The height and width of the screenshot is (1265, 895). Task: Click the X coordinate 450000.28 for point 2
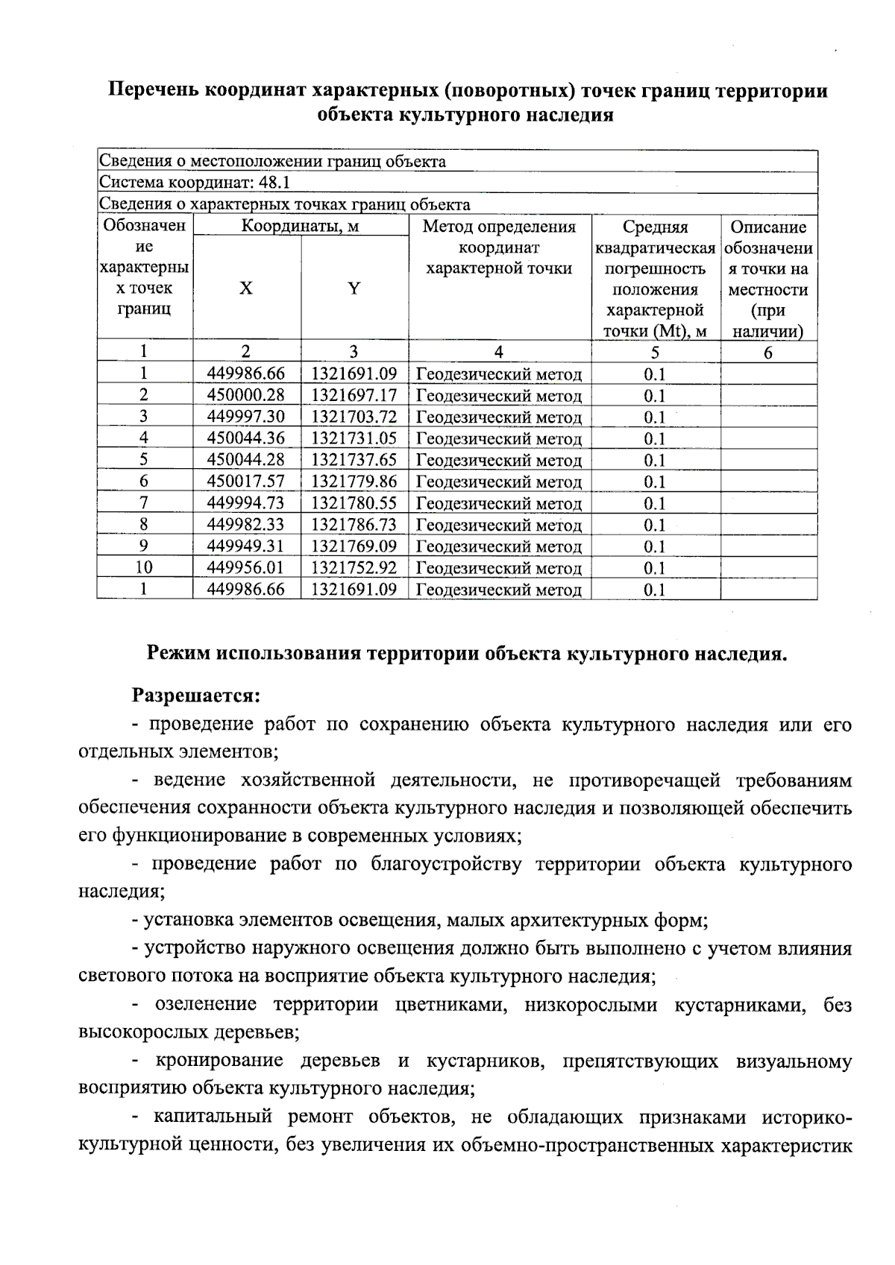click(x=246, y=395)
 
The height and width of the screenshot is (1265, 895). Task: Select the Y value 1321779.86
click(x=354, y=482)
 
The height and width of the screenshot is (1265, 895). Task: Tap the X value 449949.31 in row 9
click(x=246, y=546)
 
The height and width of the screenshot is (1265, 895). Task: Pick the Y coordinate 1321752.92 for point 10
click(x=354, y=568)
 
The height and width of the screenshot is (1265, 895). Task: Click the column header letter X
click(x=245, y=288)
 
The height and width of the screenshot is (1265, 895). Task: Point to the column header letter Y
click(x=354, y=288)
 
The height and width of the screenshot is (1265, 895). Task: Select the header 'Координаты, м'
click(x=300, y=227)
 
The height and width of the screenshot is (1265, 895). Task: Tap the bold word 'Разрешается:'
click(x=196, y=696)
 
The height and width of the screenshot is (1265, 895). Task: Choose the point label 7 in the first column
click(x=144, y=503)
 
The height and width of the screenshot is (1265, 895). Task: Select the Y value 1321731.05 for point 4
click(x=354, y=438)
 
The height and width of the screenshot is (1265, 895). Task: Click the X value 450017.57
click(x=246, y=482)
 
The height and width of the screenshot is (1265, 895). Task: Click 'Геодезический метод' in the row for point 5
click(x=498, y=461)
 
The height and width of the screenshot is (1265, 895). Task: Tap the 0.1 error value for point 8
click(x=654, y=526)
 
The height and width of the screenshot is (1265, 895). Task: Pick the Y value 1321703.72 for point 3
click(x=354, y=417)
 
